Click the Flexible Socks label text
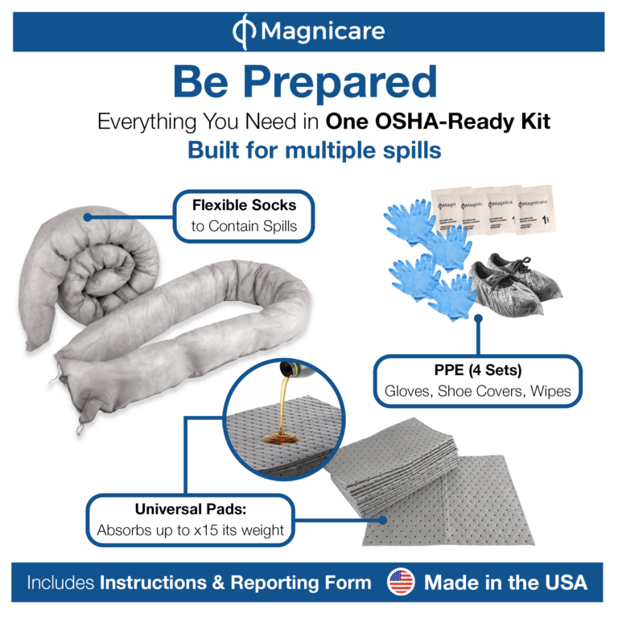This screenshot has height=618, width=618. coord(244,205)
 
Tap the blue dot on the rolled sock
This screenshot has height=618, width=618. coord(85,216)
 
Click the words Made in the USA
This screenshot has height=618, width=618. coord(505,583)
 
